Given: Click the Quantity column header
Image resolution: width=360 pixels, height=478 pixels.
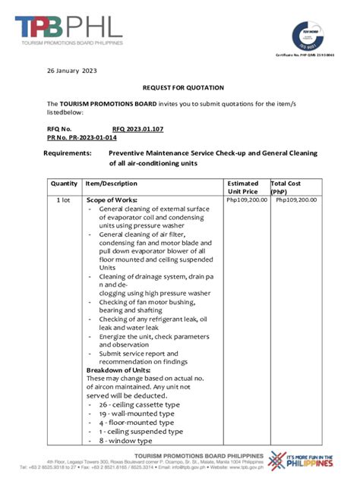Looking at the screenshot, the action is click(x=65, y=184).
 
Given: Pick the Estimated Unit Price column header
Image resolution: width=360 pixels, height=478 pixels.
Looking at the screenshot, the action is click(x=243, y=187).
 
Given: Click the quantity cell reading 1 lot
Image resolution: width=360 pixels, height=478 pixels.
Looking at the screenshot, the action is click(x=65, y=200).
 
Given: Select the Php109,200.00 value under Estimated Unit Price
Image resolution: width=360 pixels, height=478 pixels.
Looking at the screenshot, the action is click(x=247, y=200).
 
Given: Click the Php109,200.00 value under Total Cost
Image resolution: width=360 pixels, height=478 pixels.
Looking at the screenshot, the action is click(x=296, y=200).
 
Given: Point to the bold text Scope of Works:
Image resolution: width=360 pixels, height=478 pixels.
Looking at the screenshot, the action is click(x=112, y=200).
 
